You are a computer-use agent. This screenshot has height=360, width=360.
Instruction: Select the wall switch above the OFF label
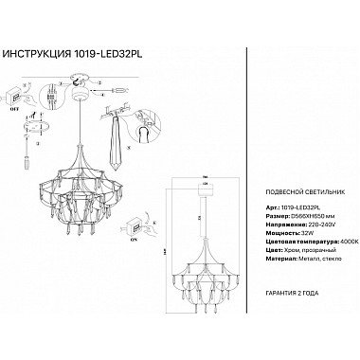point(16,97)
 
